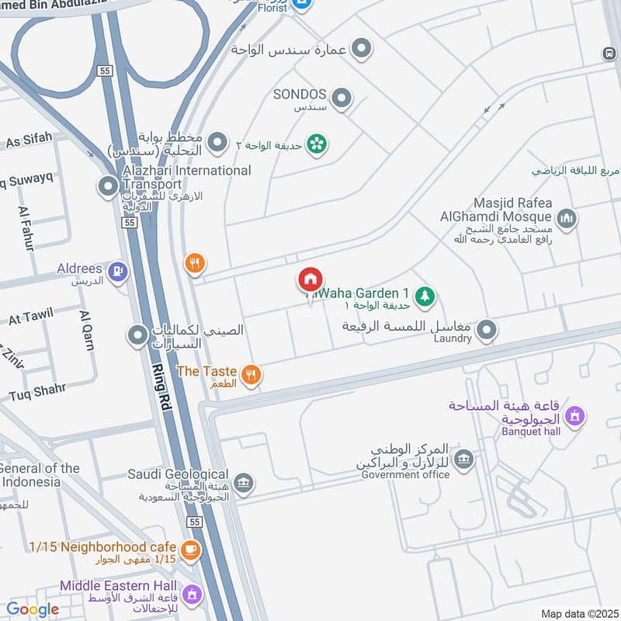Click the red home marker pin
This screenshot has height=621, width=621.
pyautogui.click(x=310, y=279)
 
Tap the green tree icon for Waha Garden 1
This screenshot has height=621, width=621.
pyautogui.click(x=425, y=296)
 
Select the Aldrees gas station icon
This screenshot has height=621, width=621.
pyautogui.click(x=118, y=272)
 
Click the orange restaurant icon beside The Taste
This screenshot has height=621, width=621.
pyautogui.click(x=250, y=376)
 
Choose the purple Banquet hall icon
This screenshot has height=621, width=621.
pyautogui.click(x=574, y=417)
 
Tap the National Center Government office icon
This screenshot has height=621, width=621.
pyautogui.click(x=463, y=459)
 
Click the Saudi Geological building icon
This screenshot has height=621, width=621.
pyautogui.click(x=243, y=484)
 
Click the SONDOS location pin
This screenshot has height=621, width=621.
pyautogui.click(x=341, y=99)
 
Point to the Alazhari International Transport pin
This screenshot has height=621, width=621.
pyautogui.click(x=107, y=186)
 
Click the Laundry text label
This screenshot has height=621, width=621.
pyautogui.click(x=453, y=338)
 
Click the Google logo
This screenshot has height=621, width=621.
pyautogui.click(x=33, y=609)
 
